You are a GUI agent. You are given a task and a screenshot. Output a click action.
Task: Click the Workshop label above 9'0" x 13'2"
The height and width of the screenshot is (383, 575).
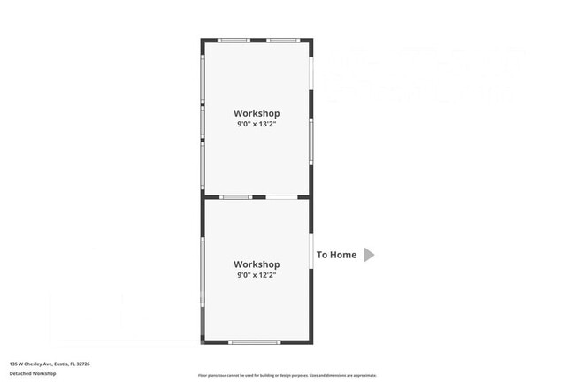click(x=257, y=113)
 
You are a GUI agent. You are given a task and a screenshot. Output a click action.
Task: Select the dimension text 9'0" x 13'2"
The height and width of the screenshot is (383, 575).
click(x=257, y=125)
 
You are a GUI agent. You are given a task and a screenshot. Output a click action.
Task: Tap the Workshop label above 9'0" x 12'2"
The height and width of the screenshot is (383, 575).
click(x=257, y=264)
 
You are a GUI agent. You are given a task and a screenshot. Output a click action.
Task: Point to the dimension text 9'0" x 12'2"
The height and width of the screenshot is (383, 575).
click(x=257, y=275)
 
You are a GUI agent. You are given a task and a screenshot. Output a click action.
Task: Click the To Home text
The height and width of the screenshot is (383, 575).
click(x=337, y=255)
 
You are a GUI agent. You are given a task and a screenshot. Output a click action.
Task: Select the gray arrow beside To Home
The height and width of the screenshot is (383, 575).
click(x=370, y=255)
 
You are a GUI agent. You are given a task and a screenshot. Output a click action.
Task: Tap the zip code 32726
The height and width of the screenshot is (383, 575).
click(x=83, y=364)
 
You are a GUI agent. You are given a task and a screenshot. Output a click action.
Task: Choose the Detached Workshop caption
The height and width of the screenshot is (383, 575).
click(x=33, y=373)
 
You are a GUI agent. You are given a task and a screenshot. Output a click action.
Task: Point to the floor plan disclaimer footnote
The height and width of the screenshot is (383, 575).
click(x=287, y=375)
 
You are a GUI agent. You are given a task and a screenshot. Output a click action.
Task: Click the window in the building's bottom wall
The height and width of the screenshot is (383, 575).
click(x=255, y=341)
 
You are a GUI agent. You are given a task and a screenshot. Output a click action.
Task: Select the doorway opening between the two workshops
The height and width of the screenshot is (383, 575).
click(x=282, y=197)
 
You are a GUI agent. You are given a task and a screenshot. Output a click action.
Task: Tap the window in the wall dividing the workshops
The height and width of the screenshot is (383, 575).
click(x=236, y=197)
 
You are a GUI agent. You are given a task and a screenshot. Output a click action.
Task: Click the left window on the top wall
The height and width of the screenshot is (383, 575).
click(x=234, y=41)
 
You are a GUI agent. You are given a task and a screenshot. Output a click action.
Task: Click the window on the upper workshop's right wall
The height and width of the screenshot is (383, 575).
click(x=310, y=142)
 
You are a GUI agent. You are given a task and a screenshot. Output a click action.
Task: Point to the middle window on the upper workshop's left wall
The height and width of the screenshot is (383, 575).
click(x=203, y=121)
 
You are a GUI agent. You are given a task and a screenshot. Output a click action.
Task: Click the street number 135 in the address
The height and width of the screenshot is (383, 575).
click(x=13, y=364)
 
